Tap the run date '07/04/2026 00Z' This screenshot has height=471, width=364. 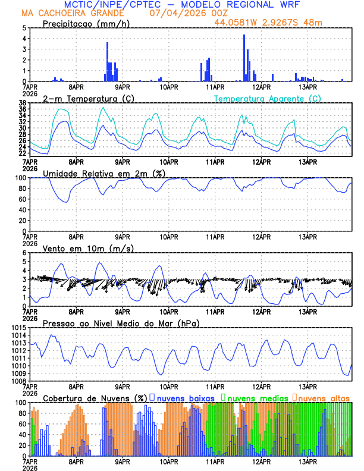tap(181, 12)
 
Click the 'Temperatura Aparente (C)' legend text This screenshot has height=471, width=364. tap(267, 98)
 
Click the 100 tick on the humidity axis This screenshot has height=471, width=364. tap(19, 178)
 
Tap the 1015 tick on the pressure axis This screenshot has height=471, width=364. tap(17, 328)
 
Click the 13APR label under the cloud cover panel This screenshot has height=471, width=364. tap(307, 461)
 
